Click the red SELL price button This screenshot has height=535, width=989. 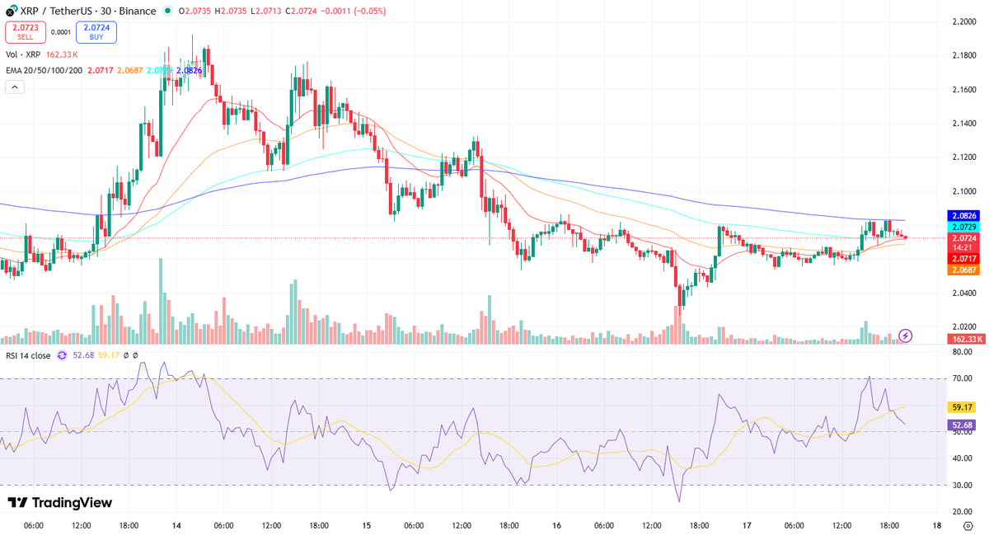(26, 32)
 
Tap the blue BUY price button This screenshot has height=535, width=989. (96, 32)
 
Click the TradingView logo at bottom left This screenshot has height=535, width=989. (59, 503)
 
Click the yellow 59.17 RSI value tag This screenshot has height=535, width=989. (963, 406)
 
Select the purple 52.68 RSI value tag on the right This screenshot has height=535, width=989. (963, 425)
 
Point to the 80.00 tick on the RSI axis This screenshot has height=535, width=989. (961, 352)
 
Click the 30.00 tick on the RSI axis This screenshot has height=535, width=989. (961, 486)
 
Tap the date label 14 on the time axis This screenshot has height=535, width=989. (176, 525)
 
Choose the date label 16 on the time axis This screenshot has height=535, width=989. (557, 525)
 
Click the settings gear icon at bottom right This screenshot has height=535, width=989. (968, 525)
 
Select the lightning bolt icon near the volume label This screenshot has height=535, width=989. (906, 336)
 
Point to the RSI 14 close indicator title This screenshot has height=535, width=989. (28, 356)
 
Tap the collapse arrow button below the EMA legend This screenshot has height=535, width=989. (15, 86)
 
